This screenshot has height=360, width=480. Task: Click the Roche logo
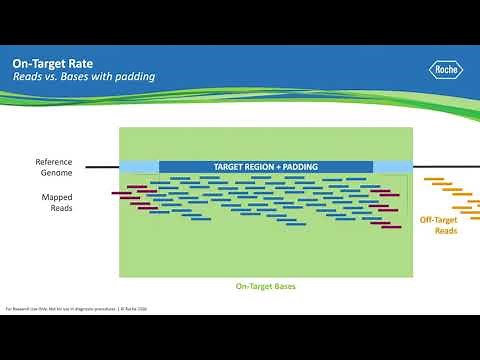[x=444, y=71]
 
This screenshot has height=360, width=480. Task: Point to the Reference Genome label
[x=54, y=167]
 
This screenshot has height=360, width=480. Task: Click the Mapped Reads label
[x=56, y=203]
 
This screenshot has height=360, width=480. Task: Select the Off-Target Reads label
[x=438, y=225]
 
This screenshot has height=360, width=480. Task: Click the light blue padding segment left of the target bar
[x=139, y=166]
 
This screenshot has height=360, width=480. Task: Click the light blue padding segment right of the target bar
[x=392, y=166]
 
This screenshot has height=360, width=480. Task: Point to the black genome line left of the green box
[x=101, y=167]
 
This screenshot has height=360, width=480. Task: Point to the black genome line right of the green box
[x=445, y=167]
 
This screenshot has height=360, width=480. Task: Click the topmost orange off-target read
[x=434, y=181]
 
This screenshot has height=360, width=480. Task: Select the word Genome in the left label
[x=54, y=173]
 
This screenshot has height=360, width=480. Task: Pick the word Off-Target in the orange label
[x=438, y=219]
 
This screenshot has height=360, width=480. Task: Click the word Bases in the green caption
[x=282, y=286]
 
